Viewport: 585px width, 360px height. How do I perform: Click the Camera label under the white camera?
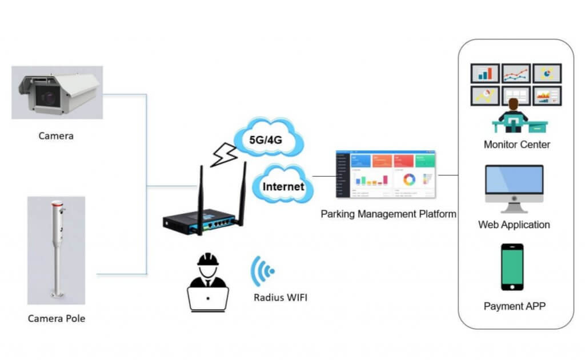point(56,136)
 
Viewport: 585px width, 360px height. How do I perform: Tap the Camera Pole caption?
point(56,318)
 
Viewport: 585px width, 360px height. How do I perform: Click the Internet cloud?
point(283,186)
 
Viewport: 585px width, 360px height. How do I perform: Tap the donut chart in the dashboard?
point(410,179)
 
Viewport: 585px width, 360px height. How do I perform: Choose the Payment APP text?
point(514,306)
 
